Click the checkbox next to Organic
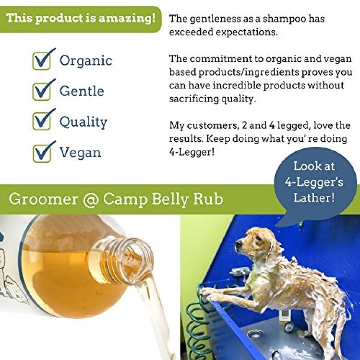42,61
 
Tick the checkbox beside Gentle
42,91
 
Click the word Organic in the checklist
86,61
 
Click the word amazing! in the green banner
127,19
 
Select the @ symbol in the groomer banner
90,200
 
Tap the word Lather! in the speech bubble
314,198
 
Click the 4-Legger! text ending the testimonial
192,152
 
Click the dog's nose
238,244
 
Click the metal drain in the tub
254,334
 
